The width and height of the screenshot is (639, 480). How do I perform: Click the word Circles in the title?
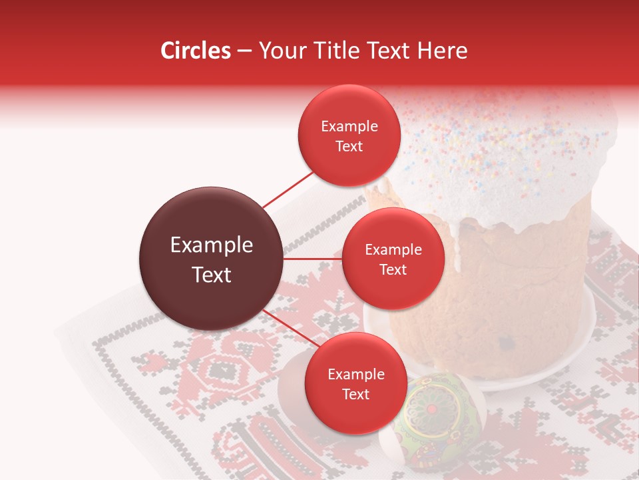point(195,51)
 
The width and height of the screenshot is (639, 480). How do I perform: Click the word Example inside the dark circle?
point(212,245)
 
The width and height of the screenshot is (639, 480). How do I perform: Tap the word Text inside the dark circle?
point(212,275)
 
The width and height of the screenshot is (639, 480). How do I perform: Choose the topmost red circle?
point(349,135)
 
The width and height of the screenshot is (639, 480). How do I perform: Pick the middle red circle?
point(393,259)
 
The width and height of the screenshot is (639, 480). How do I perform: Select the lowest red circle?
point(355,383)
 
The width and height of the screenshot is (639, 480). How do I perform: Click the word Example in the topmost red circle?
point(349,126)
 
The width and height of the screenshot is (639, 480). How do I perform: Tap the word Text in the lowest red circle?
point(355,394)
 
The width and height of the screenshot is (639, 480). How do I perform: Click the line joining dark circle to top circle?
point(288,190)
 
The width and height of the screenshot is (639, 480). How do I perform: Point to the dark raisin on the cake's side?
point(507,343)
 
